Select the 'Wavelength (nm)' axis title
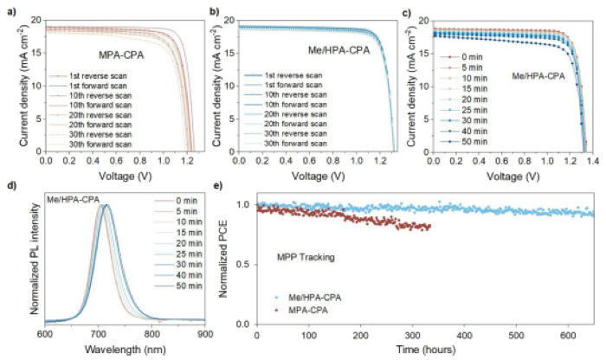point(126,350)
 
